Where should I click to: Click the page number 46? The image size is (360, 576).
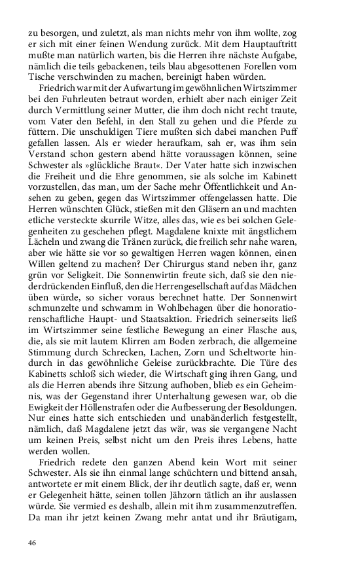coord(32,543)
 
